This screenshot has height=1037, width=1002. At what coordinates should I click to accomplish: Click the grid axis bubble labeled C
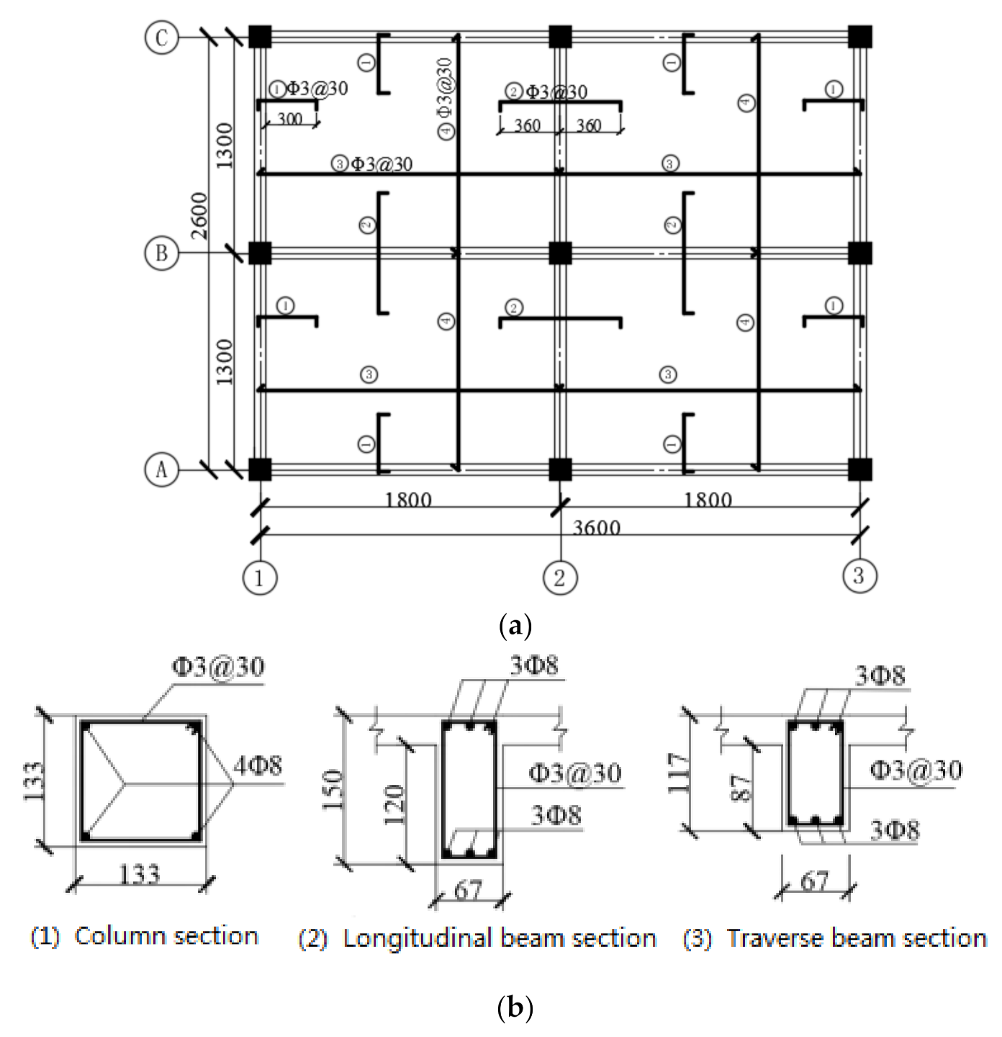pyautogui.click(x=161, y=37)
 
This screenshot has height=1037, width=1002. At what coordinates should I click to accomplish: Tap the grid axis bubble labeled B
pyautogui.click(x=161, y=253)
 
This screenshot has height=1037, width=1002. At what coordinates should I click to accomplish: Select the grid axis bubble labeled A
pyautogui.click(x=161, y=470)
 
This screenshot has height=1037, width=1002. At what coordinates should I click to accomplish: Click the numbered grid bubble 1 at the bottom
pyautogui.click(x=259, y=578)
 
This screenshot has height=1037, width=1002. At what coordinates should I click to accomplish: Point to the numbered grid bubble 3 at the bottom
pyautogui.click(x=859, y=576)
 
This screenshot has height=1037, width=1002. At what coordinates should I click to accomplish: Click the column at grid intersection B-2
pyautogui.click(x=560, y=253)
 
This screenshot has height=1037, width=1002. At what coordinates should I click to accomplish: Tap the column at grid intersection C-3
pyautogui.click(x=859, y=37)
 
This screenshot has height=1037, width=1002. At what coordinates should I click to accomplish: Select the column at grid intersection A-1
pyautogui.click(x=260, y=470)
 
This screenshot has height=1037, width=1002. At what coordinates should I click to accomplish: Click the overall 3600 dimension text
pyautogui.click(x=596, y=528)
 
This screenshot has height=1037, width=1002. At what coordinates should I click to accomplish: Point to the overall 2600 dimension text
pyautogui.click(x=199, y=216)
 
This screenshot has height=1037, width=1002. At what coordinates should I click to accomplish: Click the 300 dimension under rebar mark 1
pyautogui.click(x=289, y=120)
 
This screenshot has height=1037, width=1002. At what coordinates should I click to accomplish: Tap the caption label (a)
pyautogui.click(x=515, y=624)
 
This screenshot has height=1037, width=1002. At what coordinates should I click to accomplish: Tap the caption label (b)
pyautogui.click(x=515, y=1006)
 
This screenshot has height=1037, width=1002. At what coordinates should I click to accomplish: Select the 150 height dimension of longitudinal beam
pyautogui.click(x=332, y=790)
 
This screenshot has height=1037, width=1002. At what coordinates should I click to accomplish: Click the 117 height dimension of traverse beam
pyautogui.click(x=678, y=773)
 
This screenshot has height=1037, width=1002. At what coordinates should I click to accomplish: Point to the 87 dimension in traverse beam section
pyautogui.click(x=742, y=788)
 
